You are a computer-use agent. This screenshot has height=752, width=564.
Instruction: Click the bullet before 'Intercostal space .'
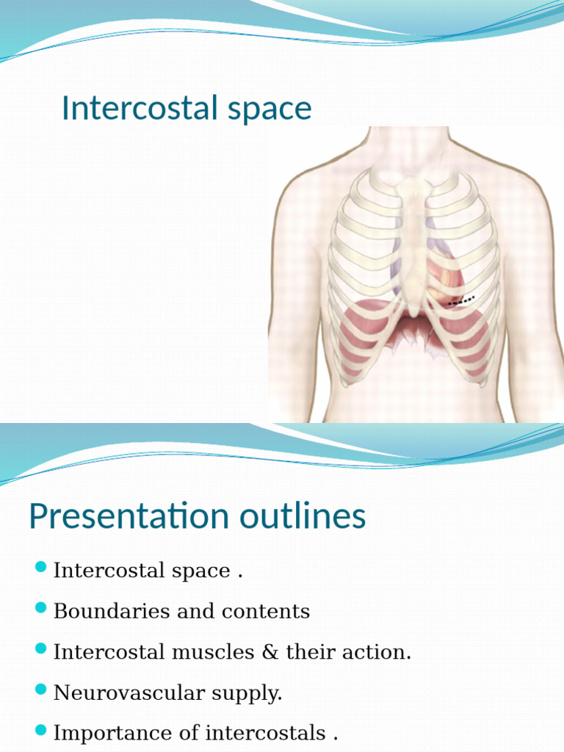(x=41, y=568)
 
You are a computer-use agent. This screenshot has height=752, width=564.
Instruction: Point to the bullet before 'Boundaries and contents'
(x=41, y=608)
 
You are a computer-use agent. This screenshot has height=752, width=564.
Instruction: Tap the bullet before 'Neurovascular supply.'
(x=41, y=690)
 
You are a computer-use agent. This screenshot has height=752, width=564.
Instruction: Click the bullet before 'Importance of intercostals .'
(x=41, y=730)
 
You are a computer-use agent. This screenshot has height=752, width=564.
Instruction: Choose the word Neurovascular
(x=126, y=693)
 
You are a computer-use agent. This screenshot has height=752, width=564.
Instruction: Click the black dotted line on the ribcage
(x=462, y=300)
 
